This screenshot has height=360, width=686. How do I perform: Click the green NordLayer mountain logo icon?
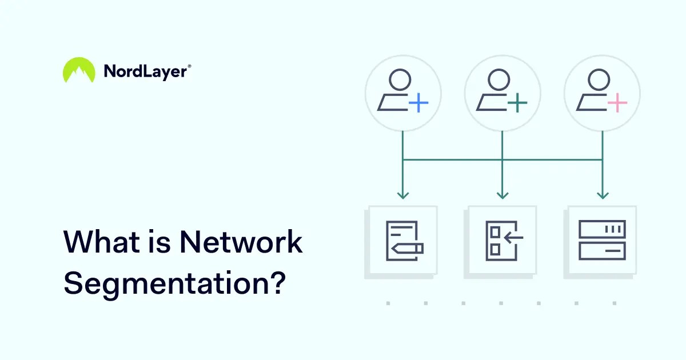point(79,71)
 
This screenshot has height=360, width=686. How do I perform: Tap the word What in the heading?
point(95,242)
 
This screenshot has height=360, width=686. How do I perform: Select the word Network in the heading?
point(241,242)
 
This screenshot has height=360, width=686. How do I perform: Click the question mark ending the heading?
point(276,282)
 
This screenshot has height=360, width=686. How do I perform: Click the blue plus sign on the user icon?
point(418,103)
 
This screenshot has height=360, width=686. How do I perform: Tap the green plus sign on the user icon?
point(517,103)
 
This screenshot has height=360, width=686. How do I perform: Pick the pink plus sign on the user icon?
point(617,103)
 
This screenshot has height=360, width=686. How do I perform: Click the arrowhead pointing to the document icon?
point(403,195)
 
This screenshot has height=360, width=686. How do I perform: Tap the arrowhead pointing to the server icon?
point(602,195)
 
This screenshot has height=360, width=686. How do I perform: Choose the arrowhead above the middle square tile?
point(502,195)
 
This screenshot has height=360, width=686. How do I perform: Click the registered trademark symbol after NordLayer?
point(189,66)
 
